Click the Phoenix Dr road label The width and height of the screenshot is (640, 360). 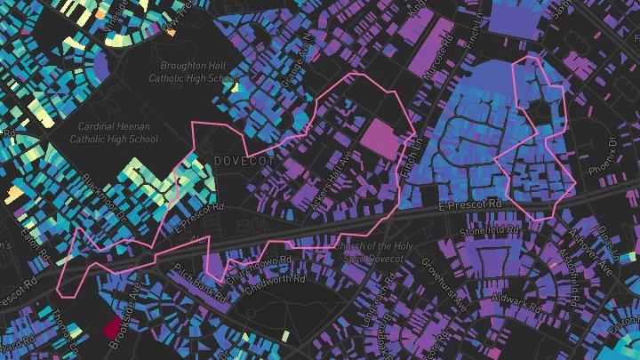click(x=614, y=155)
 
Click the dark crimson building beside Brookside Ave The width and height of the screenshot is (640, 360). click(x=114, y=328)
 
